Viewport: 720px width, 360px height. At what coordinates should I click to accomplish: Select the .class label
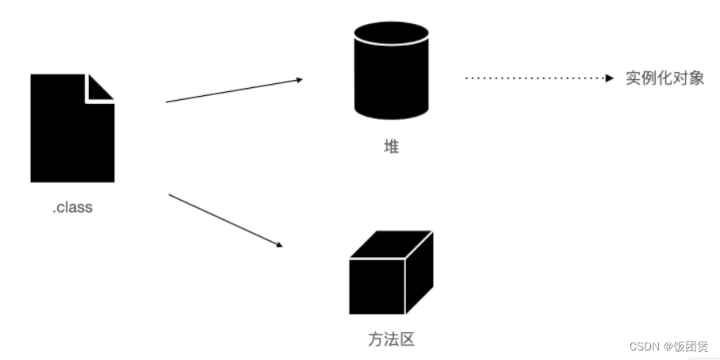coord(72,208)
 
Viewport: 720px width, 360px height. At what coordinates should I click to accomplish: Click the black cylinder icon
coord(391,71)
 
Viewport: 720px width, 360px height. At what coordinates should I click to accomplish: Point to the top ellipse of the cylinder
coord(391,33)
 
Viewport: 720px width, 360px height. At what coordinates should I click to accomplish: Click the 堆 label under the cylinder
coord(391,146)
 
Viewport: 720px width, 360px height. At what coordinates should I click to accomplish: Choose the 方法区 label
coord(391,340)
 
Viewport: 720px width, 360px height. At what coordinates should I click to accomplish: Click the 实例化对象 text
coord(664,79)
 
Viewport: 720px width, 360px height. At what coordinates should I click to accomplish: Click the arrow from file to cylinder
coord(234,90)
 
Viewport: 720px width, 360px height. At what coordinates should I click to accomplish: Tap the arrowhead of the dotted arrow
coord(609,79)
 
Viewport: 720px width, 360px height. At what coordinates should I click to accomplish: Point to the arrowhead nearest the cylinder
coord(298,79)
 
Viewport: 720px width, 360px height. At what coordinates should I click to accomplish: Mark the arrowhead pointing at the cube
coord(278,245)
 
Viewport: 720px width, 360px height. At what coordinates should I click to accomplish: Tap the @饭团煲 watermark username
coord(687,347)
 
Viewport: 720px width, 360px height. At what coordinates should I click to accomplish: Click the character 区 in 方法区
coord(407,340)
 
